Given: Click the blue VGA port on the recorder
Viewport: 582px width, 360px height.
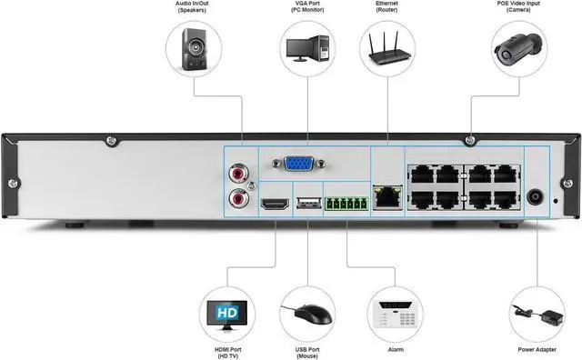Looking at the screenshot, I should [296, 165].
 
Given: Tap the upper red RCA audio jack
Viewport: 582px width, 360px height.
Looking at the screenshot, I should [240, 169].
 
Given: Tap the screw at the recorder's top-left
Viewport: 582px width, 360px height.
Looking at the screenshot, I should [111, 141].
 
